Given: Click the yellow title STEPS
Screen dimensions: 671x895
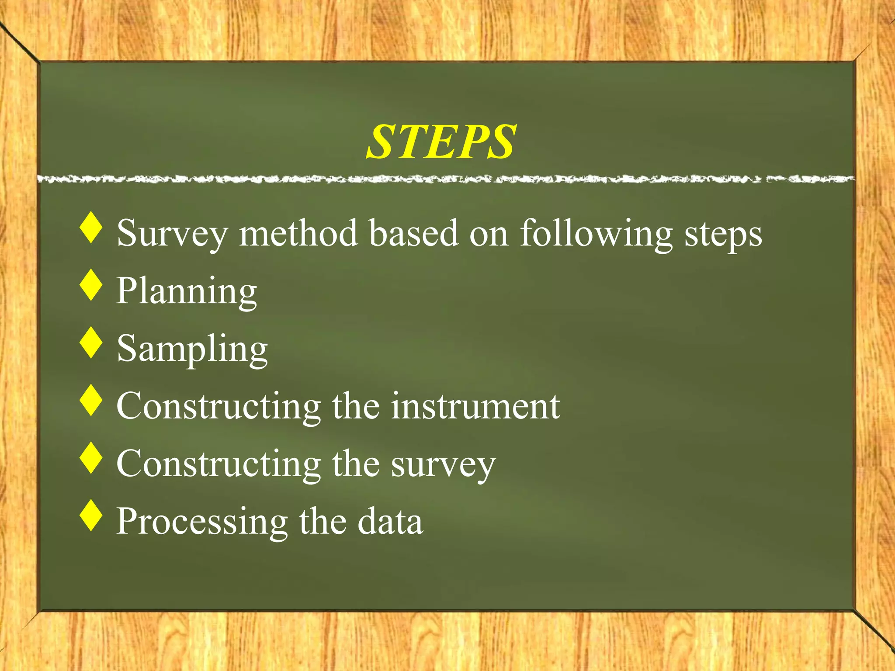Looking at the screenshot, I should [x=441, y=142].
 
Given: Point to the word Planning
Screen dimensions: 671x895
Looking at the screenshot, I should [x=187, y=291].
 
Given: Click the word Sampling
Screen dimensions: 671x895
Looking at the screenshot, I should [x=192, y=349].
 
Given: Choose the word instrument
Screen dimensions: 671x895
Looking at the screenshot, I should [x=475, y=406].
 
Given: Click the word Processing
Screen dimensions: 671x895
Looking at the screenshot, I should [x=202, y=522].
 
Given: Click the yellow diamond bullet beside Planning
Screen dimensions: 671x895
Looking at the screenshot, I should [x=91, y=285].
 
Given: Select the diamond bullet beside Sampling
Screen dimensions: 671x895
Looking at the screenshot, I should [x=91, y=343].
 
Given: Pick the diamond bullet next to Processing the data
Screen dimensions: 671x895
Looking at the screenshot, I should [x=91, y=515].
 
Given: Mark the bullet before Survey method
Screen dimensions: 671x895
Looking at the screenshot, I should [x=91, y=227].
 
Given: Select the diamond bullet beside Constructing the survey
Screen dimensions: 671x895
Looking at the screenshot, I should [x=91, y=458].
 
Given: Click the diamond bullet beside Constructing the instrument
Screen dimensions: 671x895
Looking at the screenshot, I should [x=91, y=400].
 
